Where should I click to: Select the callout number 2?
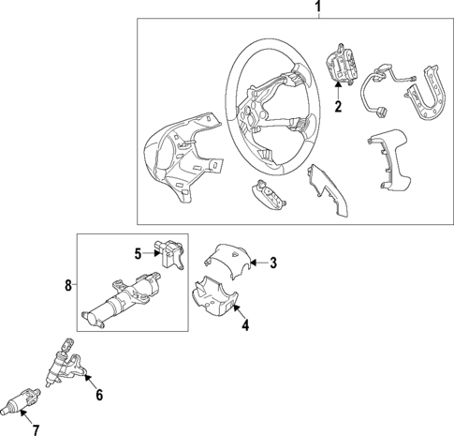tap(339, 106)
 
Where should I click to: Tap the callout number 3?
tap(273, 263)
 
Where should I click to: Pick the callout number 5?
tap(136, 252)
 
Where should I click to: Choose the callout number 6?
tap(99, 396)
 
